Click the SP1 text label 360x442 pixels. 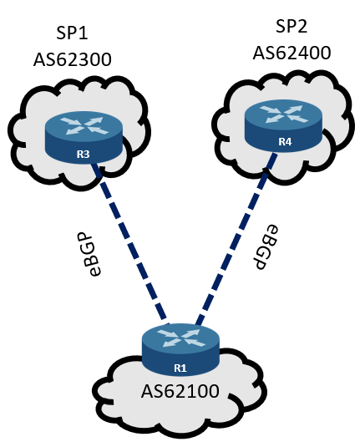click(x=72, y=33)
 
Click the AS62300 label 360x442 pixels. click(x=73, y=60)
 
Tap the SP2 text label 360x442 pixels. click(x=292, y=26)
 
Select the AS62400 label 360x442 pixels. click(x=292, y=53)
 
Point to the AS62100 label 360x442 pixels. click(x=180, y=391)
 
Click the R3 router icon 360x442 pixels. click(x=84, y=137)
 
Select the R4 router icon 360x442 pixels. click(x=283, y=126)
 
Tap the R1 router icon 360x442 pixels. click(x=180, y=350)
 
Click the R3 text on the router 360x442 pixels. click(x=83, y=155)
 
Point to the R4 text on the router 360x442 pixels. click(x=285, y=142)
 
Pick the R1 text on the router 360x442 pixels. click(x=180, y=368)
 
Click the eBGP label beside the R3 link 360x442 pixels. click(x=92, y=254)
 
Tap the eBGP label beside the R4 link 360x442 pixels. click(x=265, y=247)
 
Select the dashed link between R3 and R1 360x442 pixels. click(x=130, y=243)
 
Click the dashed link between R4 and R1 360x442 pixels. click(x=236, y=239)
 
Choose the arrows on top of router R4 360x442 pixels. click(x=284, y=114)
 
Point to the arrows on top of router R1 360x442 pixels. click(x=181, y=338)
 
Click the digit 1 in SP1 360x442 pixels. click(x=84, y=33)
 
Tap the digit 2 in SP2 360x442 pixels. click(x=302, y=26)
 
